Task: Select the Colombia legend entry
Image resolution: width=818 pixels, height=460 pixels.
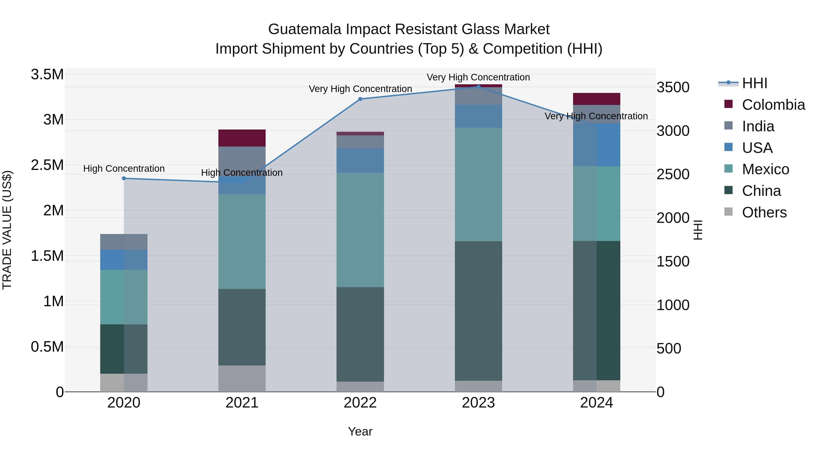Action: [x=773, y=105]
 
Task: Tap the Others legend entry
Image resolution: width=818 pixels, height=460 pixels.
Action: [x=764, y=212]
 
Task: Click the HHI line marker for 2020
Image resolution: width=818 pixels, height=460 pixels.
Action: [x=124, y=178]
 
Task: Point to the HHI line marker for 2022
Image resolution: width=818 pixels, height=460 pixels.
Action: [x=360, y=99]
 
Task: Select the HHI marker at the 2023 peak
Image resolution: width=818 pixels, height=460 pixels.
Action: [x=478, y=87]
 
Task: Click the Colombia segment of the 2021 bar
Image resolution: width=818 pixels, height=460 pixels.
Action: [x=242, y=138]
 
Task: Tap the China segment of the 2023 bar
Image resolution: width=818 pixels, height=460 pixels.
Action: [x=478, y=311]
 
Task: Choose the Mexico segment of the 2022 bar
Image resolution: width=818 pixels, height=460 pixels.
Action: [x=360, y=230]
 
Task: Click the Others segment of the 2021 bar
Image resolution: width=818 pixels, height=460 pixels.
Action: [x=242, y=378]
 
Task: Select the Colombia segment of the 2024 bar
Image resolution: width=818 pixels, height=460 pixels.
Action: [x=596, y=99]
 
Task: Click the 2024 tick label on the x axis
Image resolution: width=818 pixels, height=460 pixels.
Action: [x=596, y=403]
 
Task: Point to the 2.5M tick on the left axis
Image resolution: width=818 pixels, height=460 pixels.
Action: [x=47, y=165]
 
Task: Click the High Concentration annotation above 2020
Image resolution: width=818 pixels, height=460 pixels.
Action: [x=124, y=169]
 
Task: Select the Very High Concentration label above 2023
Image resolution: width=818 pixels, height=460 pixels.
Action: [x=478, y=77]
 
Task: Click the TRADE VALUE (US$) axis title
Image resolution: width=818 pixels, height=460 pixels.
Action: [x=7, y=230]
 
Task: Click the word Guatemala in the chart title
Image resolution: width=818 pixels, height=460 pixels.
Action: [x=304, y=29]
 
